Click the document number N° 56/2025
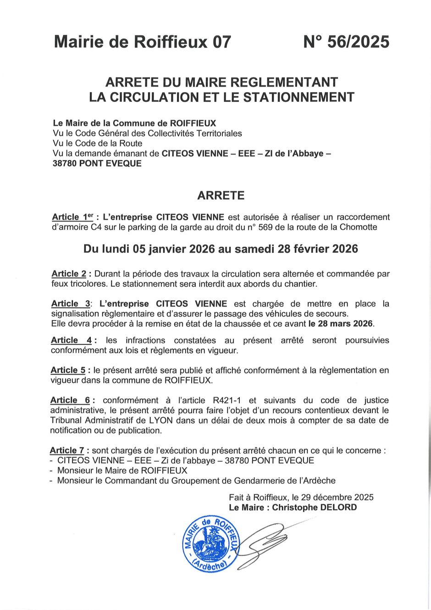click(346, 42)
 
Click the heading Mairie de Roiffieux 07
click(143, 42)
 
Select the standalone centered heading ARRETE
click(221, 195)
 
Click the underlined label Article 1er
click(72, 217)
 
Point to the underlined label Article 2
click(69, 274)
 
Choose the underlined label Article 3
click(71, 304)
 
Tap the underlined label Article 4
click(72, 340)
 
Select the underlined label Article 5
click(68, 370)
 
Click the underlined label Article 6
click(70, 400)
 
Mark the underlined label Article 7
click(67, 450)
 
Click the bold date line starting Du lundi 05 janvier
click(221, 249)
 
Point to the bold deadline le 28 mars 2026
click(341, 324)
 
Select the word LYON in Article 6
click(160, 420)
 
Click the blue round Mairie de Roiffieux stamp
click(210, 544)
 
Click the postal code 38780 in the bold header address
click(65, 164)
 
